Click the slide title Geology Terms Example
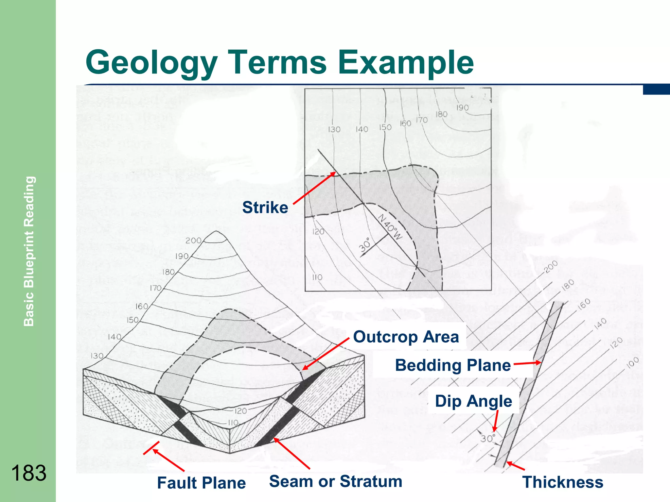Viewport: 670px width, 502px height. click(x=279, y=62)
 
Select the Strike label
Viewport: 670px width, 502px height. click(x=265, y=208)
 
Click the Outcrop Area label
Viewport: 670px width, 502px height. click(x=406, y=337)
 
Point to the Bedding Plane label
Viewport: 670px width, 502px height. click(x=453, y=365)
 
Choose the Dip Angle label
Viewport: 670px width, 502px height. click(x=473, y=401)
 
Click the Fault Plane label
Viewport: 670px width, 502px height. click(x=201, y=483)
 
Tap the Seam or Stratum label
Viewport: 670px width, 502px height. click(x=336, y=481)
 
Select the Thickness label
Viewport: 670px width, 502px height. click(x=563, y=482)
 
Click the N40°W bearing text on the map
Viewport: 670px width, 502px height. click(x=390, y=227)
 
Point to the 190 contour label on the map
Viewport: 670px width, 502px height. click(x=462, y=108)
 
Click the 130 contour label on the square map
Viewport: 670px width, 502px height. click(x=334, y=129)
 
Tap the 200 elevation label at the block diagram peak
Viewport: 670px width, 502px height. click(x=193, y=241)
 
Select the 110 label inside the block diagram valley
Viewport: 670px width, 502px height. click(x=233, y=423)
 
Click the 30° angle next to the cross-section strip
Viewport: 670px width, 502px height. click(x=488, y=438)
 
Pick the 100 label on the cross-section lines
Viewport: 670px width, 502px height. click(x=633, y=362)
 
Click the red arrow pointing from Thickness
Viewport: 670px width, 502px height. click(x=516, y=466)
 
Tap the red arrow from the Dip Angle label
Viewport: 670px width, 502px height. click(x=496, y=421)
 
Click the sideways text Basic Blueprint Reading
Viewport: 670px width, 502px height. click(x=29, y=251)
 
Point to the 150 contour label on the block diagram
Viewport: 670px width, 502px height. click(x=133, y=320)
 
